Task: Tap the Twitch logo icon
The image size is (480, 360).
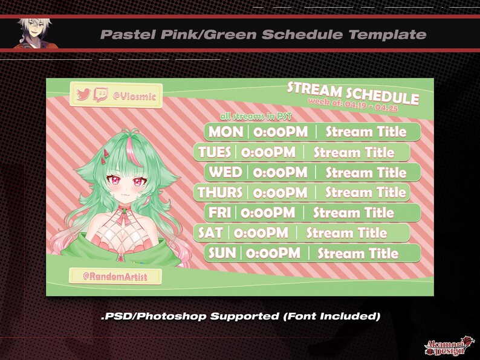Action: pos(101,95)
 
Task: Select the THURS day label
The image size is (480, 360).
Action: pos(220,193)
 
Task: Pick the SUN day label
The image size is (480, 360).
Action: pos(222,253)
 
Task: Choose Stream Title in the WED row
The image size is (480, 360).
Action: pos(366,172)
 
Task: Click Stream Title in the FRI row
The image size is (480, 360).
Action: pos(353,213)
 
